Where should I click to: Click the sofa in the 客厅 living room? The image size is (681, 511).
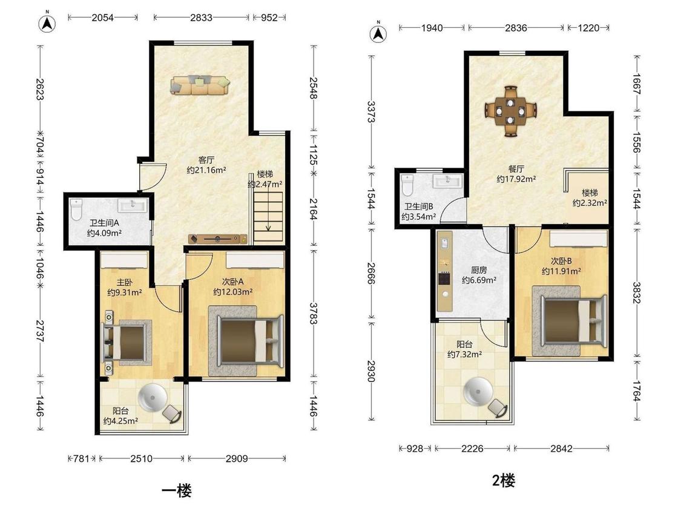point(200,85)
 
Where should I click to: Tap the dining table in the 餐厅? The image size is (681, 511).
point(511,110)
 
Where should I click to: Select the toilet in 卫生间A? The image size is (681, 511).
point(76,209)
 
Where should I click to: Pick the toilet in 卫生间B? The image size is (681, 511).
point(407,185)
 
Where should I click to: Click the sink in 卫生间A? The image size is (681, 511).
point(133,205)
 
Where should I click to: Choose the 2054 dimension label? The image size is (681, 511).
point(102,18)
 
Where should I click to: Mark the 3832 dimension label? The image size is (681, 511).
point(637,293)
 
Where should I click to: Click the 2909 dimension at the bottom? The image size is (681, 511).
point(237,458)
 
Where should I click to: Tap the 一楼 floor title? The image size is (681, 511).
point(176,491)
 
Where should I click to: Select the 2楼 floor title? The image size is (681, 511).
point(504,481)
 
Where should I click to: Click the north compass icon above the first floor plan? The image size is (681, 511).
point(47,24)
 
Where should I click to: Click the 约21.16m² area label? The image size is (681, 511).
point(206,170)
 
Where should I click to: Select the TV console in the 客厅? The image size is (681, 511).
point(218,239)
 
